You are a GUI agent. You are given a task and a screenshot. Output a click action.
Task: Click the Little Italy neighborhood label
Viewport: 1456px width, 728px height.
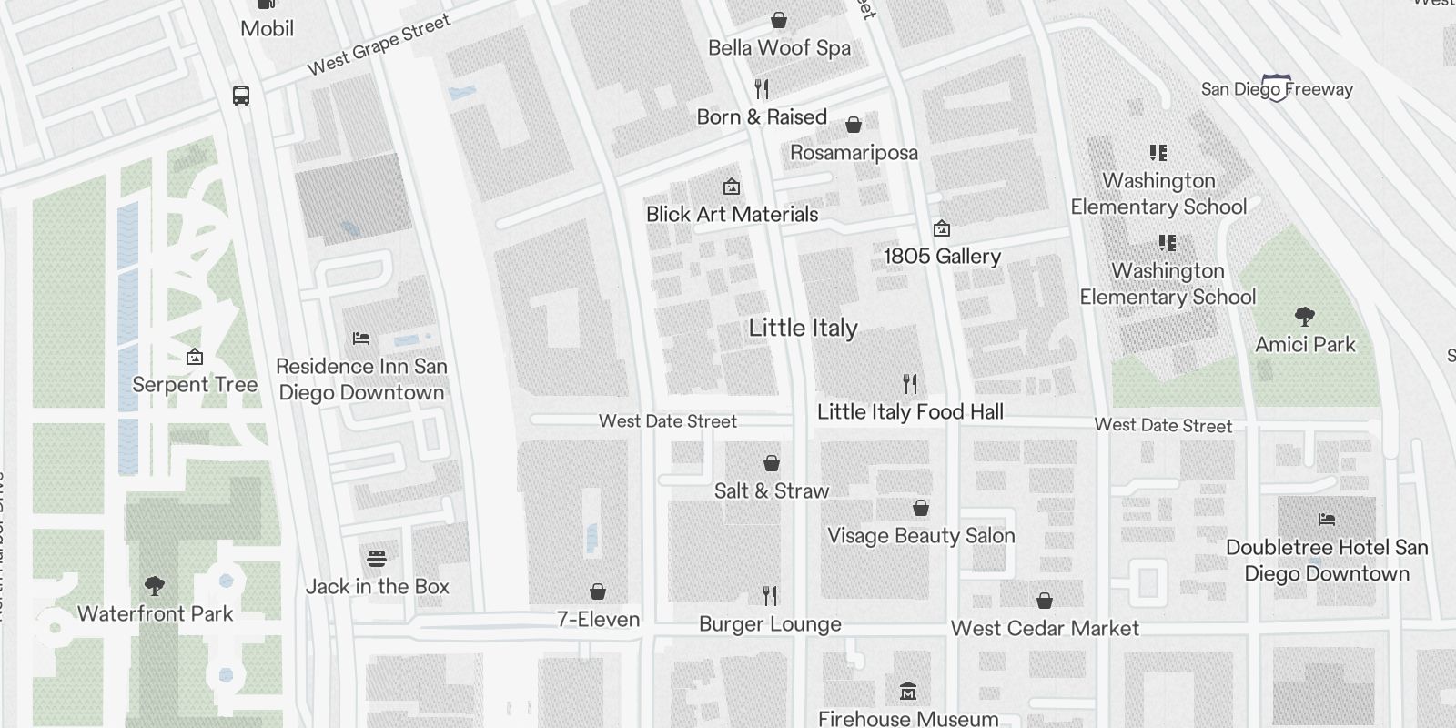pos(803,329)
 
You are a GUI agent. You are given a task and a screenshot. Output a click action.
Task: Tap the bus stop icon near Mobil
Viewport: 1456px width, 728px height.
pos(241,95)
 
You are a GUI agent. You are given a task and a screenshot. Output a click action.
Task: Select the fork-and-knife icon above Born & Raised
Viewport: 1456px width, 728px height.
pos(763,89)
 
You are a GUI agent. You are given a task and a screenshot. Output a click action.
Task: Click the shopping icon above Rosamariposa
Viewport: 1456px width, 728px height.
pos(854,125)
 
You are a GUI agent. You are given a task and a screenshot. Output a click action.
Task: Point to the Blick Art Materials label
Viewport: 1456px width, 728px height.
pos(732,215)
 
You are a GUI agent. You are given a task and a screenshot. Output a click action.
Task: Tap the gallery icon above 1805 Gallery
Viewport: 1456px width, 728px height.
pos(942,228)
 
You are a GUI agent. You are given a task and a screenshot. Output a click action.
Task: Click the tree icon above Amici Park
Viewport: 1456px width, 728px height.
pos(1305,317)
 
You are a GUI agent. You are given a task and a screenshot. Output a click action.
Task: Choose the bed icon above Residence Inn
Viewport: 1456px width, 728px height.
pos(361,339)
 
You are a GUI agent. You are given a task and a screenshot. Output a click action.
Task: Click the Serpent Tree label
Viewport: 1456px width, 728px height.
pos(195,385)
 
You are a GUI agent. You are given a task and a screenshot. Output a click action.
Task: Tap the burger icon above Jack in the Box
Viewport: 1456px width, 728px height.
pos(377,559)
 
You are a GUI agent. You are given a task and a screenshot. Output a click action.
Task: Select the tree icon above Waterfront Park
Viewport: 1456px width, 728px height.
pos(155,586)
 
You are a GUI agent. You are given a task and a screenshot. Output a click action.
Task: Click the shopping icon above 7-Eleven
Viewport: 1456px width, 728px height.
pos(598,592)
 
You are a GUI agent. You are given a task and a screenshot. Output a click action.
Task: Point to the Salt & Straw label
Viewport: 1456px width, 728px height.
pos(772,491)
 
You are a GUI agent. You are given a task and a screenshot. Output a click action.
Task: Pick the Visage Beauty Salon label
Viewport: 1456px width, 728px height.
pos(921,536)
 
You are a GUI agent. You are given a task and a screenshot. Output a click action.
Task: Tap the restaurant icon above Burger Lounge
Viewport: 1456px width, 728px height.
pos(771,596)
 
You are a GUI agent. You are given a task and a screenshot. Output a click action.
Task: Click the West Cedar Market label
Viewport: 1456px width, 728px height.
pos(1045,629)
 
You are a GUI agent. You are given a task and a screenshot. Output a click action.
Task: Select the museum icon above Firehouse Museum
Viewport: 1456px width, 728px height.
pos(907,692)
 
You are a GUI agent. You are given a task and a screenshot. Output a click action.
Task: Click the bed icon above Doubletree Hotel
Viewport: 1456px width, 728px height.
pos(1327,521)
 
